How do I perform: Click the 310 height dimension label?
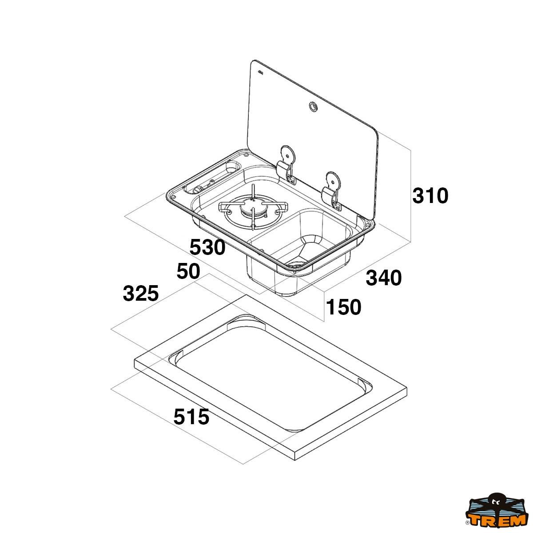(430, 196)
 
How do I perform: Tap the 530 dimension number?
(207, 247)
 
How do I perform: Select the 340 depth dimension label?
(384, 278)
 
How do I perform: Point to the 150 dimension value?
(344, 307)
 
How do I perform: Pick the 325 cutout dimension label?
(141, 293)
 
